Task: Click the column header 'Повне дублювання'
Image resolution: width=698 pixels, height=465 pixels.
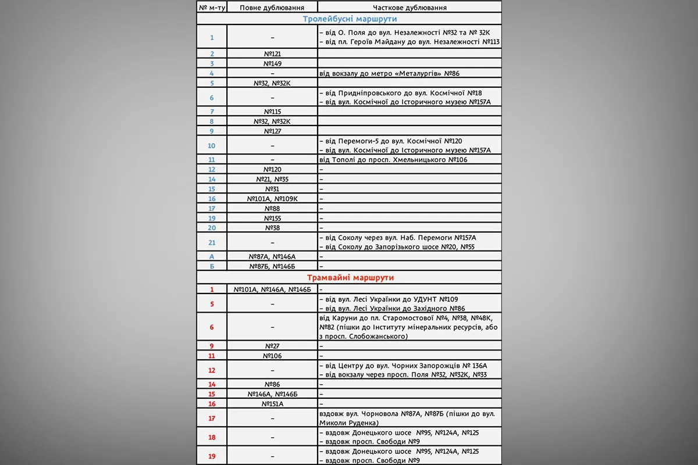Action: click(x=272, y=8)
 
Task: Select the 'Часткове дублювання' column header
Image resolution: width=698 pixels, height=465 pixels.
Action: click(x=409, y=8)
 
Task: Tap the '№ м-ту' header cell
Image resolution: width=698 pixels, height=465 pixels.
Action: click(x=212, y=8)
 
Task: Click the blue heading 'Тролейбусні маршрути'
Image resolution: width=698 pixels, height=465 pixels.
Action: click(x=349, y=19)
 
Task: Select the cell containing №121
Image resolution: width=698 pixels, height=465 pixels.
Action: click(x=272, y=53)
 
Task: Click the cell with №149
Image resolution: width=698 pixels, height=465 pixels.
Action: click(x=272, y=63)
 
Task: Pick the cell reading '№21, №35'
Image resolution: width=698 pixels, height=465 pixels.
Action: click(x=272, y=179)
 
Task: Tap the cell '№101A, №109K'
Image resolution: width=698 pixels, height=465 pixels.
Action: click(x=272, y=198)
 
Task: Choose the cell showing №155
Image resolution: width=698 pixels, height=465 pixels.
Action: click(x=272, y=218)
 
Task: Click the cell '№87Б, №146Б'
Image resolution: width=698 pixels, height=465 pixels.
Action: click(x=272, y=266)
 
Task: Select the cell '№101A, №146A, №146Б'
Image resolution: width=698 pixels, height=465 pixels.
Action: click(x=272, y=289)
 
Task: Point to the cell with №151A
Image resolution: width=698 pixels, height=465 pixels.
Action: click(x=272, y=404)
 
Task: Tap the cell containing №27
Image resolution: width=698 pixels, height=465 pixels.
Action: click(x=272, y=346)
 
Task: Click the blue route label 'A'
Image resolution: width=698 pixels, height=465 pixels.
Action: click(x=212, y=256)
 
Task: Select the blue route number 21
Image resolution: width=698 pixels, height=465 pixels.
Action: click(x=212, y=242)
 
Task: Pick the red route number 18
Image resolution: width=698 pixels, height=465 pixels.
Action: click(x=212, y=437)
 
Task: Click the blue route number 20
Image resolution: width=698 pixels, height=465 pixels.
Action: click(x=212, y=228)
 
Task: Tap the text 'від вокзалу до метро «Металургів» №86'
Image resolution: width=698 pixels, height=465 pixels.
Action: click(x=389, y=73)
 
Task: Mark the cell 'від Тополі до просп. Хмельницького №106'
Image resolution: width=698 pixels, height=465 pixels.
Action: click(x=393, y=159)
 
